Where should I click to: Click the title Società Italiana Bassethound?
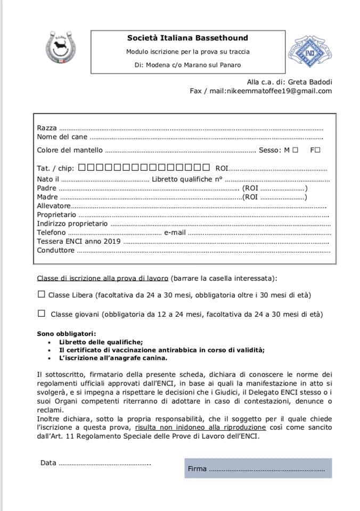(x=187, y=38)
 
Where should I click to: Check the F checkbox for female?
(x=318, y=150)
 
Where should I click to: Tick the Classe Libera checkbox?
(x=42, y=294)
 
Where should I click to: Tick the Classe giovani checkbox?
(x=42, y=314)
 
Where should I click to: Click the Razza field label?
(x=47, y=128)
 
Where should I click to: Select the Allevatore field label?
(x=53, y=205)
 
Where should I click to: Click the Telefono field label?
(x=52, y=233)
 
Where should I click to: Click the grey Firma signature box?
(x=258, y=468)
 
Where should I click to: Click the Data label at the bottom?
(x=48, y=463)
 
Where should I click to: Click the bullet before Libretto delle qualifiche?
(x=50, y=342)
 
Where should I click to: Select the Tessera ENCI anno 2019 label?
(x=79, y=242)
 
